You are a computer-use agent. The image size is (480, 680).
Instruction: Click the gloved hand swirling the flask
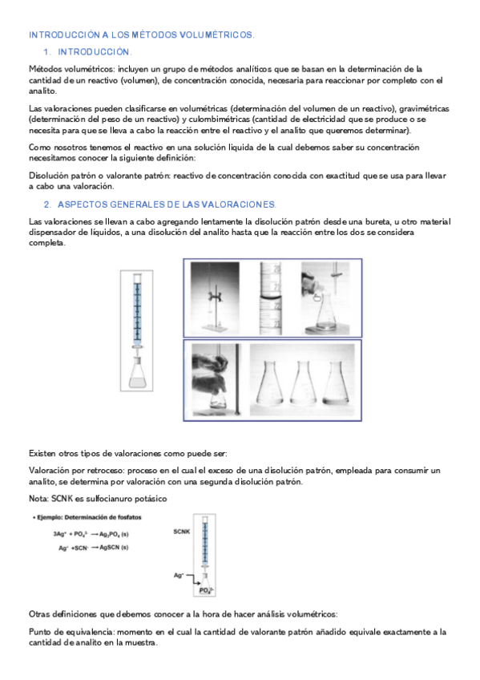click(x=211, y=373)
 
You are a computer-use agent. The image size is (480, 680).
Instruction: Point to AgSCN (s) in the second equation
click(x=107, y=547)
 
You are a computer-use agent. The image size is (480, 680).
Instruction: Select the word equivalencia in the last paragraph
click(x=83, y=632)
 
